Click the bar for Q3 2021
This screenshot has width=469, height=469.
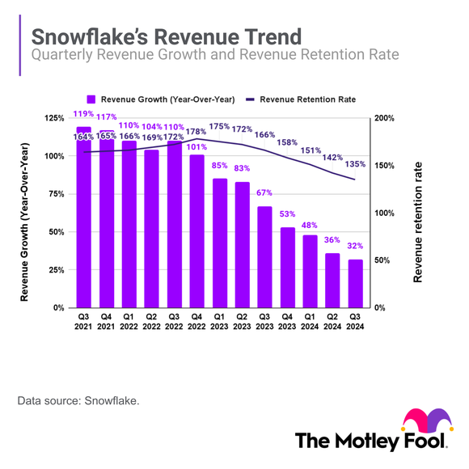83,218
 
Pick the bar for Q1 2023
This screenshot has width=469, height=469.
220,243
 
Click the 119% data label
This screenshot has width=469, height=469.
83,121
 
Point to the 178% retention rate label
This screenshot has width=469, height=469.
197,132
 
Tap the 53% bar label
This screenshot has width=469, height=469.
288,215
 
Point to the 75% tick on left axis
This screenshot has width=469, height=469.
53,194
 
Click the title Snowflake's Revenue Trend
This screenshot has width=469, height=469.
166,37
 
